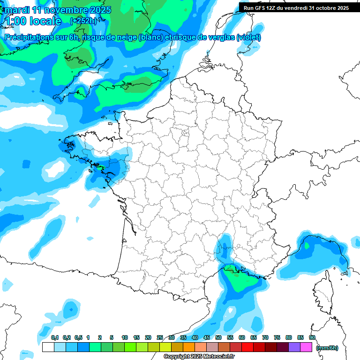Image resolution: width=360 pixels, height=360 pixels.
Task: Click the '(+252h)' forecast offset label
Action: tap(83, 21)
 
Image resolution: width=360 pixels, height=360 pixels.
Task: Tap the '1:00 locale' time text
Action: tap(33, 21)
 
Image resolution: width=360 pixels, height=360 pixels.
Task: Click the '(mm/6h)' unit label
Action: tap(327, 347)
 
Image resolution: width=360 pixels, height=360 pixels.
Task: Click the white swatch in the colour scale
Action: tap(48, 347)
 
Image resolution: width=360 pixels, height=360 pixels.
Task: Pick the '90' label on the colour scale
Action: tap(312, 337)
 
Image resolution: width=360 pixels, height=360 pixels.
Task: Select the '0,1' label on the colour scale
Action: tap(55, 337)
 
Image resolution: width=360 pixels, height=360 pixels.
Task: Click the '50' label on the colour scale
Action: tap(218, 337)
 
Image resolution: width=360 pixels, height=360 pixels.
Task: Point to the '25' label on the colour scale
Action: tap(160, 337)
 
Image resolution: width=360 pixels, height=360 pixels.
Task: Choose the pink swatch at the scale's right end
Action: tap(306, 347)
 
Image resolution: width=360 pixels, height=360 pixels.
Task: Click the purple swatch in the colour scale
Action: tap(294, 347)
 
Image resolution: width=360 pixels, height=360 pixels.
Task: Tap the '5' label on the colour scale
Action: tap(112, 337)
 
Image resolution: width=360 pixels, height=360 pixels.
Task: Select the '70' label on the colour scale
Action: tap(265, 337)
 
